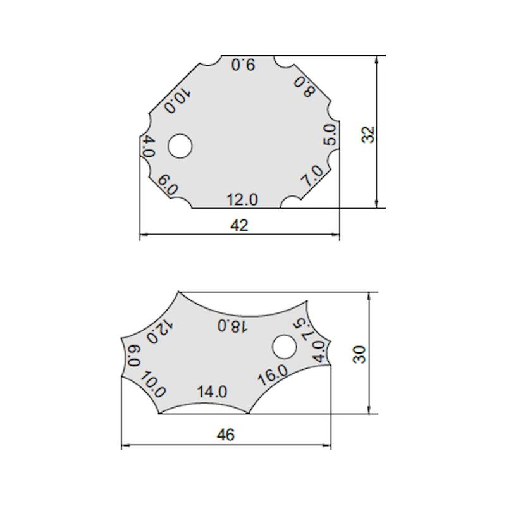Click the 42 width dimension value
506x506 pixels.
click(x=240, y=225)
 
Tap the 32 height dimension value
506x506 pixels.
click(x=368, y=134)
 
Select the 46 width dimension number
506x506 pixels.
click(x=226, y=435)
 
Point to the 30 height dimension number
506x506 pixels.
click(x=359, y=355)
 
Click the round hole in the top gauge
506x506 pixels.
click(x=180, y=146)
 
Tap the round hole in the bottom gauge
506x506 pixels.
click(x=284, y=347)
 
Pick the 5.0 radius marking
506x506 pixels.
click(x=330, y=135)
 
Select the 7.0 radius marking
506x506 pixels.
click(x=312, y=176)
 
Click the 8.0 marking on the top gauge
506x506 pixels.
click(x=304, y=87)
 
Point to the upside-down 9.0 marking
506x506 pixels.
click(x=244, y=65)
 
